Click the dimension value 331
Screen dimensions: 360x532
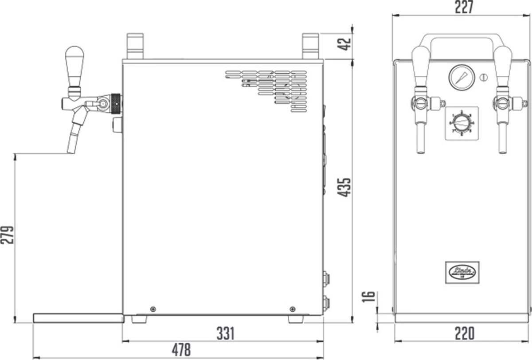[x=225, y=333]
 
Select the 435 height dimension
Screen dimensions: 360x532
[x=344, y=187]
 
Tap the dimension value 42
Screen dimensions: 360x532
[x=344, y=44]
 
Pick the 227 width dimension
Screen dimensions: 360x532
[x=464, y=7]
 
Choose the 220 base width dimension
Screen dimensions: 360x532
[x=464, y=333]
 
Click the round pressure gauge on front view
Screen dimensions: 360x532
[x=461, y=77]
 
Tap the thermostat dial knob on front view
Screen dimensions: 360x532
[x=462, y=121]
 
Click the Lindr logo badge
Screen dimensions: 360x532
[x=462, y=271]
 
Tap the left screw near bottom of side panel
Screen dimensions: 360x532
[x=153, y=309]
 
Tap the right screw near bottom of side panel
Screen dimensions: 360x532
[x=292, y=309]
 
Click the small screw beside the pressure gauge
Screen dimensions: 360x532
[x=484, y=77]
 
